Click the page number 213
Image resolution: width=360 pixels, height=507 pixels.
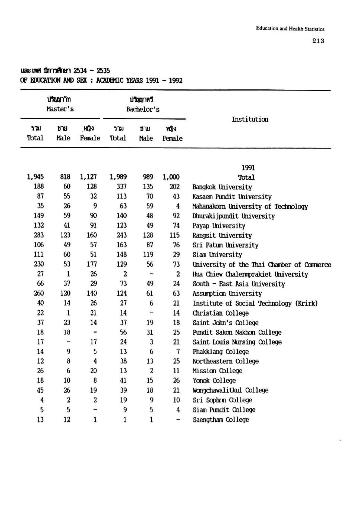318,41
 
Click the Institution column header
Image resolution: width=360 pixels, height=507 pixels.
250,119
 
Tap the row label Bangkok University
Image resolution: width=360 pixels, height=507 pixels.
222,187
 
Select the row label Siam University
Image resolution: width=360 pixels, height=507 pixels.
217,255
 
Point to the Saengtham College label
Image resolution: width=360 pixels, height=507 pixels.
221,419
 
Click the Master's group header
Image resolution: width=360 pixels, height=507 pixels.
60,109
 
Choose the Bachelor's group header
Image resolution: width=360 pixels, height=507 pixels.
142,109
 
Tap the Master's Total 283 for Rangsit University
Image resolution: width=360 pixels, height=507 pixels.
38,235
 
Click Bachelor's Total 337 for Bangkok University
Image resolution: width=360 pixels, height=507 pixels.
121,187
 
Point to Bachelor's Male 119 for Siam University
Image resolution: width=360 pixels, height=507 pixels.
148,254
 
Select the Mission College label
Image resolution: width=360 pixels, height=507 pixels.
217,371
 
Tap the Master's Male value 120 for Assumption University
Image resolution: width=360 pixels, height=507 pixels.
65,293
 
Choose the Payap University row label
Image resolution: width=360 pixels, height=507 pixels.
219,226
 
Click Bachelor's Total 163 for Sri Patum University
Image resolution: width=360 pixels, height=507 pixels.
121,245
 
